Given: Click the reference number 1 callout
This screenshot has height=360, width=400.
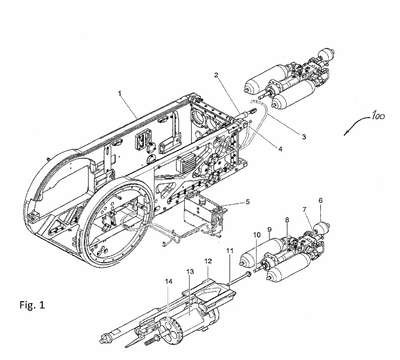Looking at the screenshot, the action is [120, 93].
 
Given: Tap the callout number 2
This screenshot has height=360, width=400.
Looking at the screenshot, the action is [216, 75].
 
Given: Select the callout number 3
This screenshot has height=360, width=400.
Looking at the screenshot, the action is [304, 136].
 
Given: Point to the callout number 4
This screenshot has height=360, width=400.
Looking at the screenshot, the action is [280, 149].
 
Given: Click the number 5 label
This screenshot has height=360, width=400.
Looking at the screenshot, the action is [247, 202].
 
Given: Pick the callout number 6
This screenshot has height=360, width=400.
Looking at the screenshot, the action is [321, 200].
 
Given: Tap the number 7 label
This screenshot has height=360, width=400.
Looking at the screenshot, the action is [304, 210].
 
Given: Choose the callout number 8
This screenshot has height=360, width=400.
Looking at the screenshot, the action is [287, 220].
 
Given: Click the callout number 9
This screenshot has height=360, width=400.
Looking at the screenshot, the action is [270, 230].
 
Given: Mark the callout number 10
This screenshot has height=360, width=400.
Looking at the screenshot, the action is [257, 235].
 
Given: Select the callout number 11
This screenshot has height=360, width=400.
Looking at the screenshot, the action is [231, 250].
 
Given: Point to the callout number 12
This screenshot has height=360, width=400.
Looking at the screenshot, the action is [208, 261].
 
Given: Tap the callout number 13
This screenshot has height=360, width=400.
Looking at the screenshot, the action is [190, 272].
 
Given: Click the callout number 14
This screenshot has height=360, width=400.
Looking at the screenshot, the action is [169, 282].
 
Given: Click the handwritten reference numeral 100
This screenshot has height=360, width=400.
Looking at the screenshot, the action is [377, 116].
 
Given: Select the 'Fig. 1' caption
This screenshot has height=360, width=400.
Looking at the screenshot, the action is [32, 305].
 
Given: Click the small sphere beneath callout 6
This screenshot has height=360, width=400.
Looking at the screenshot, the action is [322, 227].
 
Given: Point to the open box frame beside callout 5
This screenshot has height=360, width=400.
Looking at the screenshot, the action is [203, 217].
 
